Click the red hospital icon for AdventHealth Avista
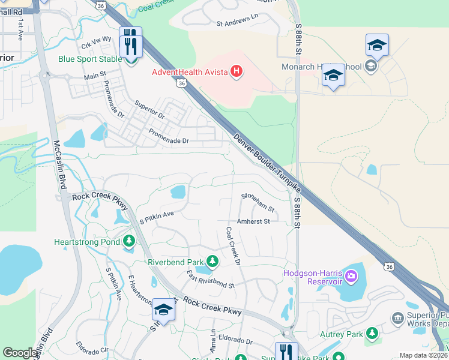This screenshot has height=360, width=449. coord(237,73)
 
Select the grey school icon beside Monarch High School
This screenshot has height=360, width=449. coord(370,67)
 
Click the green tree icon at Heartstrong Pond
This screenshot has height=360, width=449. coord(128,242)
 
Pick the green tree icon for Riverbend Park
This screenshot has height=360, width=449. coord(212,261)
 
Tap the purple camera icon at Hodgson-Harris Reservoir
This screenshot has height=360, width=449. coord(351,277)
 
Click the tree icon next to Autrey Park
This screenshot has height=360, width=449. coord(372,332)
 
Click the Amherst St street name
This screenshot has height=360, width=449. coord(254,221)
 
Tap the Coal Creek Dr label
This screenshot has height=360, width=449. coord(233,246)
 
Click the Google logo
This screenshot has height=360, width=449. coord(20,353)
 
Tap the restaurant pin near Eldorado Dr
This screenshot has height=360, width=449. coord(286,351)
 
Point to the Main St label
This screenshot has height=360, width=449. coord(95,76)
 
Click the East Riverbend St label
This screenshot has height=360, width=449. coord(210,280)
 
